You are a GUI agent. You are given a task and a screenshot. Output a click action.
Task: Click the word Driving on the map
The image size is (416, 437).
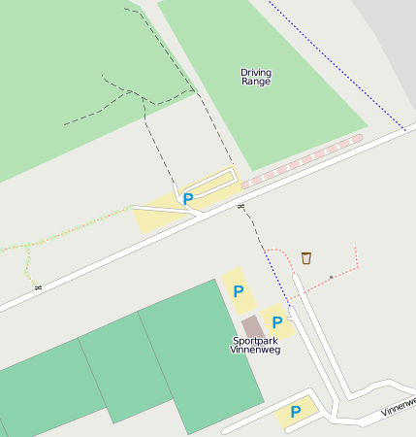point(256,72)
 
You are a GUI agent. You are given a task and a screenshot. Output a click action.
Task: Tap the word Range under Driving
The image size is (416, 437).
point(256,83)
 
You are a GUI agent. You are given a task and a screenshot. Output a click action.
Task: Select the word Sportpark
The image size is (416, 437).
point(255,341)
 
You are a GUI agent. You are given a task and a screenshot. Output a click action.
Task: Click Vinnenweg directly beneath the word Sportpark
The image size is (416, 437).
point(255,351)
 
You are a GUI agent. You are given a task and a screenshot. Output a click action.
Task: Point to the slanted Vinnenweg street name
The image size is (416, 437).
point(399,406)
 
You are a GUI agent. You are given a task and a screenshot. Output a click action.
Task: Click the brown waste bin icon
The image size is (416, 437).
point(306,257)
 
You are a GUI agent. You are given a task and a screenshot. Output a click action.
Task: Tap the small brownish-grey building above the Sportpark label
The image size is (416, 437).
point(252,326)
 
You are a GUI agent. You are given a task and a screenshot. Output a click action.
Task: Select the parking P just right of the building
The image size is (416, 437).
point(277,321)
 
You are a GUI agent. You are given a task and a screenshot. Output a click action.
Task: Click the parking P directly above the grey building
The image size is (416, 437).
point(238,290)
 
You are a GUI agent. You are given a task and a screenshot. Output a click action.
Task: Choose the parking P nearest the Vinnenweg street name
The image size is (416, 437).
point(295,412)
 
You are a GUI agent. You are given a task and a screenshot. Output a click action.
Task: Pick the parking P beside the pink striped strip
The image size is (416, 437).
point(188,199)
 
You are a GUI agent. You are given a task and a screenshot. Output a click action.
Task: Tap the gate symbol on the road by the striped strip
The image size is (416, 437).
point(240,207)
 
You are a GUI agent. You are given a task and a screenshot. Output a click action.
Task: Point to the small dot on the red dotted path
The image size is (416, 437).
point(331,277)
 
